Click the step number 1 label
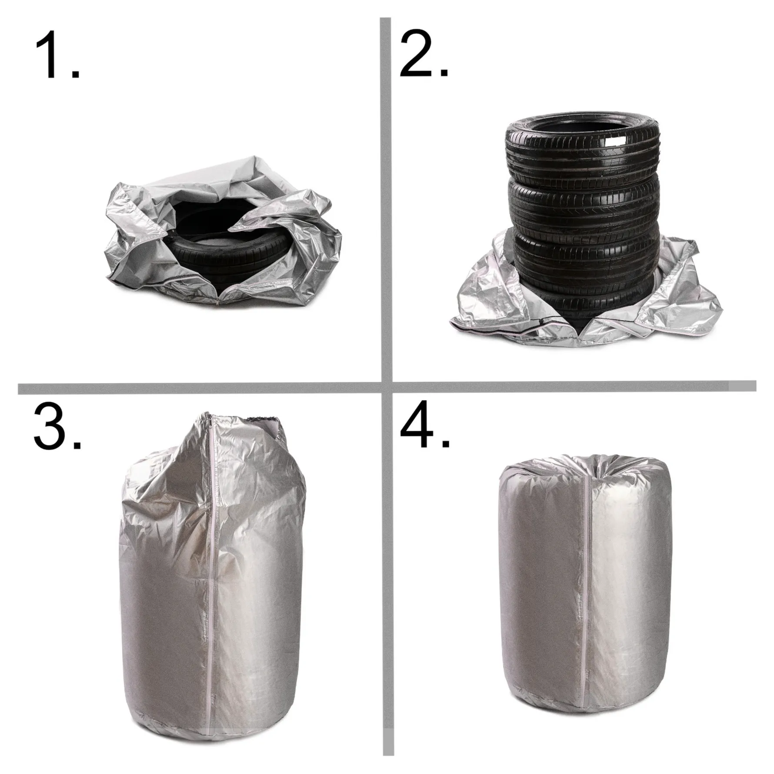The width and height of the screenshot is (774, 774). (57, 55)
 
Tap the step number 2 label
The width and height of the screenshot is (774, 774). (424, 54)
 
